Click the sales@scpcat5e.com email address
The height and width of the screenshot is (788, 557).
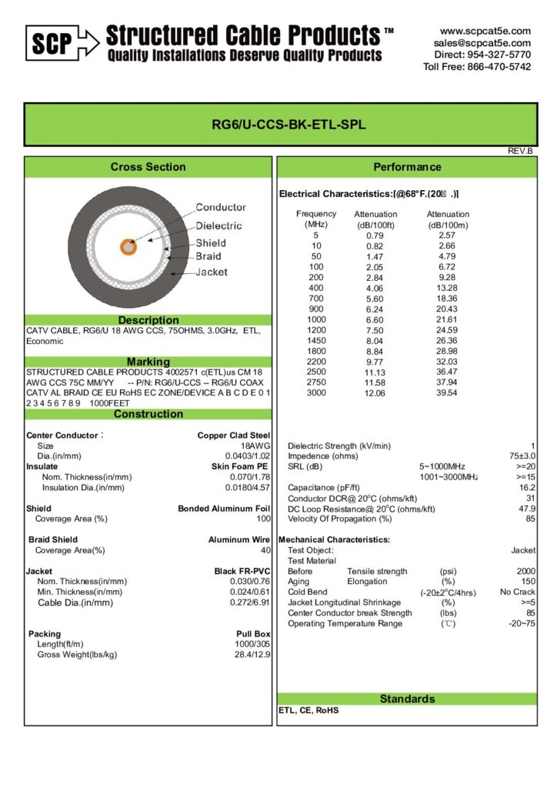point(482,43)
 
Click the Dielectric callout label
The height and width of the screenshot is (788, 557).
point(218,225)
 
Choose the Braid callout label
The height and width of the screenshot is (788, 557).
point(208,256)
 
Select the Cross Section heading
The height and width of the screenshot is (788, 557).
point(148,167)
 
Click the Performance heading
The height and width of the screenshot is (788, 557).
point(407,167)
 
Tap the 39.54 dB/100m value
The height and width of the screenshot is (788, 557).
point(447,392)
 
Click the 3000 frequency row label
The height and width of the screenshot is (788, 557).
point(315,392)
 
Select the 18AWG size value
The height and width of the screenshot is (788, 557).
point(256,446)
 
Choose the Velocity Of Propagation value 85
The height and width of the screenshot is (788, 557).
point(530,519)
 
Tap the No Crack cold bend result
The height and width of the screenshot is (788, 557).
point(517,592)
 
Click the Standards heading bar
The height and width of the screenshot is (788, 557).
point(407,699)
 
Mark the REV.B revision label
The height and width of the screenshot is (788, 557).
point(520,151)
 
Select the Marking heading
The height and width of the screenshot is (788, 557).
point(148,362)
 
